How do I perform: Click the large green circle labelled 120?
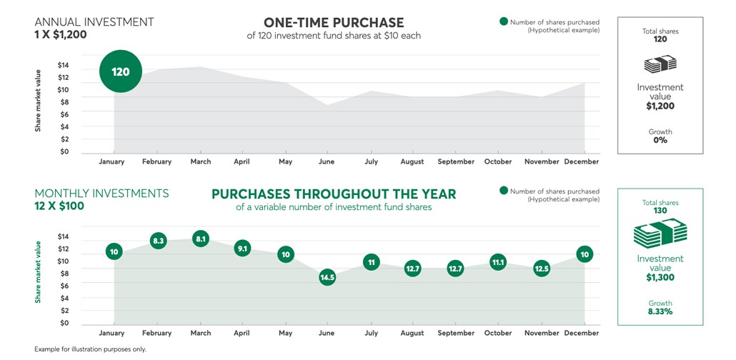120,71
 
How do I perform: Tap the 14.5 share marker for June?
327,277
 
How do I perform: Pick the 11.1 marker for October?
498,263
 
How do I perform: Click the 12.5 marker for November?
542,269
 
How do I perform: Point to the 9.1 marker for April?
243,249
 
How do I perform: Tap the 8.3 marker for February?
159,241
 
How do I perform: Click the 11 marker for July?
371,262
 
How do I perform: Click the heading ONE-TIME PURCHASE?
334,23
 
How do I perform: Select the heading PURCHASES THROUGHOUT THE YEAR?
334,194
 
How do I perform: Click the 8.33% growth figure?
660,312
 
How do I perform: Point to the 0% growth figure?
660,141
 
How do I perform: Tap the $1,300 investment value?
660,277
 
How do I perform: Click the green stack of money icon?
660,233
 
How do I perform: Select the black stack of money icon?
660,64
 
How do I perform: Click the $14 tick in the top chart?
63,65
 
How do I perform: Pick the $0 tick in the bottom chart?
63,324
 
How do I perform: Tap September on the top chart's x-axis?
455,161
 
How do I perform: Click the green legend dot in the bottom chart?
504,191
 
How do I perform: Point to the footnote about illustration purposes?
89,349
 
